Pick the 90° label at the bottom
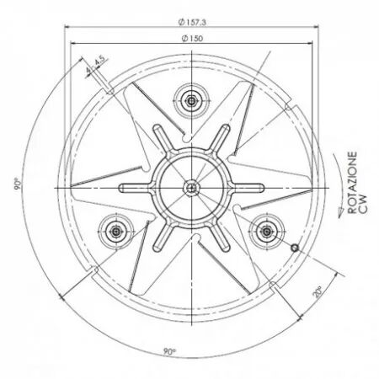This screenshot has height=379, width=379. pyautogui.click(x=171, y=352)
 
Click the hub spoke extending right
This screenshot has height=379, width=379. pyautogui.click(x=249, y=186)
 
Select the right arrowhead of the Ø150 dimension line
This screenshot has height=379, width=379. pyautogui.click(x=315, y=45)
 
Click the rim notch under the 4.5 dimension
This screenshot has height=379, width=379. pyautogui.click(x=103, y=83)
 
